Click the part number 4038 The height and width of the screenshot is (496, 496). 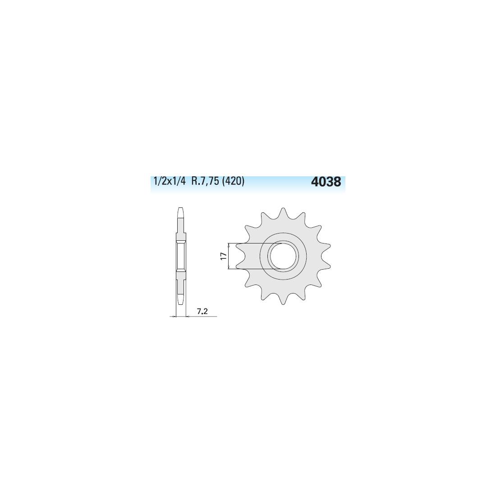(326, 182)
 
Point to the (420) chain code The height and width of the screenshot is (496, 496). (234, 182)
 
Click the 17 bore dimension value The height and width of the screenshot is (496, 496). (224, 256)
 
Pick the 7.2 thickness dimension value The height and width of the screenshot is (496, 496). (202, 311)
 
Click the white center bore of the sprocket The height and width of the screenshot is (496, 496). (283, 256)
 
